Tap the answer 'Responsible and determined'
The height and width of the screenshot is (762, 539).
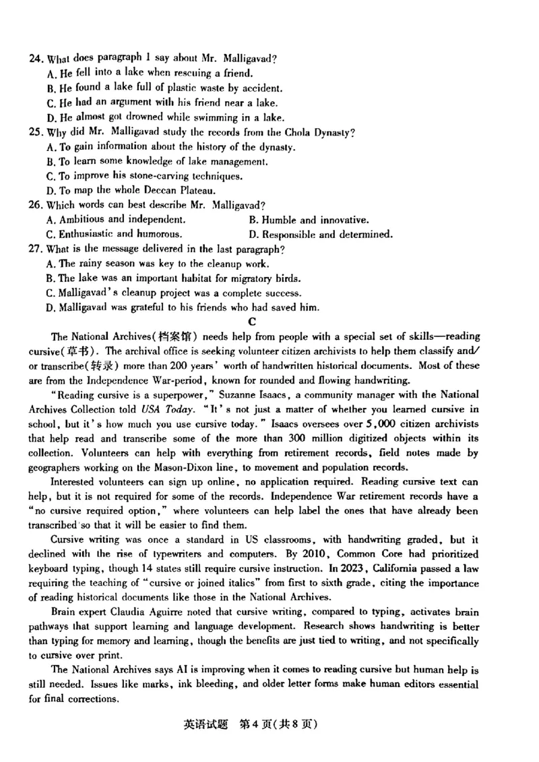point(321,235)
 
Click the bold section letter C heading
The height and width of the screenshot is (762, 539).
point(253,322)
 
